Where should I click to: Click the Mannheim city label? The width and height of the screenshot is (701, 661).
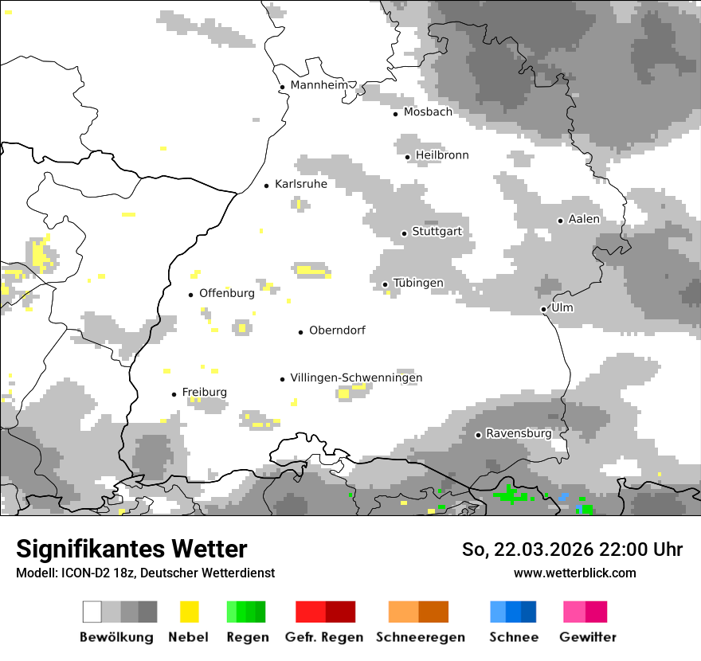pos(319,85)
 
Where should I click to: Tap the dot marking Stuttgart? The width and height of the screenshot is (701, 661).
pos(404,233)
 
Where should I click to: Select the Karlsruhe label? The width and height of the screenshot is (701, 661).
pos(300,184)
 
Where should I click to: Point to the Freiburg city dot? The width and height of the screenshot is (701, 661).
pos(174,394)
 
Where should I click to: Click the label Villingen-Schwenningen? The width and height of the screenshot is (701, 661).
pos(356,377)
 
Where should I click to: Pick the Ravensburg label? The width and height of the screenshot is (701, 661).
pos(519,433)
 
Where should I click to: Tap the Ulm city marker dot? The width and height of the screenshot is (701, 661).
pos(543,309)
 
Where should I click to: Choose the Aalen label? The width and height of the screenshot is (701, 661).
pos(584,219)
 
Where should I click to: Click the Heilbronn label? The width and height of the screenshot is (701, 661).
pos(442,155)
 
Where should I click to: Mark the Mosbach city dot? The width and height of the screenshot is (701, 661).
pos(395,114)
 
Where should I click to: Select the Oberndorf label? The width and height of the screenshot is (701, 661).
pos(337,330)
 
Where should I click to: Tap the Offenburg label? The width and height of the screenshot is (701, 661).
pos(227,293)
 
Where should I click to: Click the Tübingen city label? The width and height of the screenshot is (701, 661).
pos(418,283)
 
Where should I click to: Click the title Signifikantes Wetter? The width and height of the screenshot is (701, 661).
pos(131,549)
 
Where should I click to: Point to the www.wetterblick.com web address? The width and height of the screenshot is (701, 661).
pos(574,573)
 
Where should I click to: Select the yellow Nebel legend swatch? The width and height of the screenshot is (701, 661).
pos(190,612)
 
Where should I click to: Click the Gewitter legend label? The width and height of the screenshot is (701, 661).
pos(587,637)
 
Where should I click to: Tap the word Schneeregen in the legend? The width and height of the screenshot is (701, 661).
pos(421,637)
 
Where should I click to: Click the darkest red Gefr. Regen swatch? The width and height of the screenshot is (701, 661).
pos(340,612)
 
